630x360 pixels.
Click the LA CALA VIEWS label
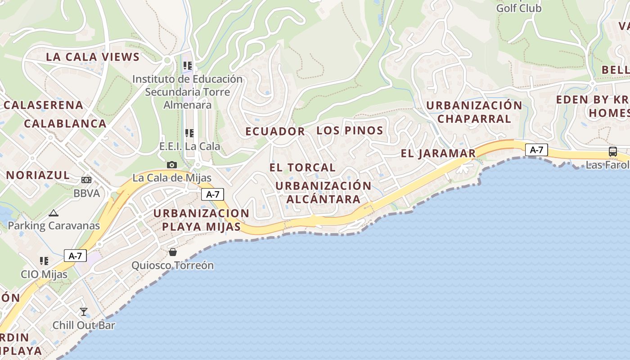point(93,57)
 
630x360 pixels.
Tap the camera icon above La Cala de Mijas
point(171,165)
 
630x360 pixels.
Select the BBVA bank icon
point(86,180)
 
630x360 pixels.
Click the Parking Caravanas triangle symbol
point(54,213)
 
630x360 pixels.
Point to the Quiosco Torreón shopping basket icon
point(172,252)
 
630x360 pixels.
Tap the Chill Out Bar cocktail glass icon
point(84,311)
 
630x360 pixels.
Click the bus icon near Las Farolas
point(612,151)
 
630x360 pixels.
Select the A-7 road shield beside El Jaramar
point(536,150)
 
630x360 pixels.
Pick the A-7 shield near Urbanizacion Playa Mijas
point(212,194)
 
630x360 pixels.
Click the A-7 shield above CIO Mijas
point(75,256)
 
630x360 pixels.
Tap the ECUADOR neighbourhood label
point(275,131)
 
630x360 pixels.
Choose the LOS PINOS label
point(350,131)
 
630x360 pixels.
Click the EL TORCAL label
point(302,167)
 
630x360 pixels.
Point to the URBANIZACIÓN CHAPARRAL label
point(474,112)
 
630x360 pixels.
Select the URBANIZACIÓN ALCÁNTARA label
point(323,192)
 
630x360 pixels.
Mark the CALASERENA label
point(44,105)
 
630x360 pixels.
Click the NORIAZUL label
point(38,175)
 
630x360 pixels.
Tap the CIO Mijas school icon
point(44,261)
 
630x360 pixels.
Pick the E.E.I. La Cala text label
point(190,146)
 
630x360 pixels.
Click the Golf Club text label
point(519,8)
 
